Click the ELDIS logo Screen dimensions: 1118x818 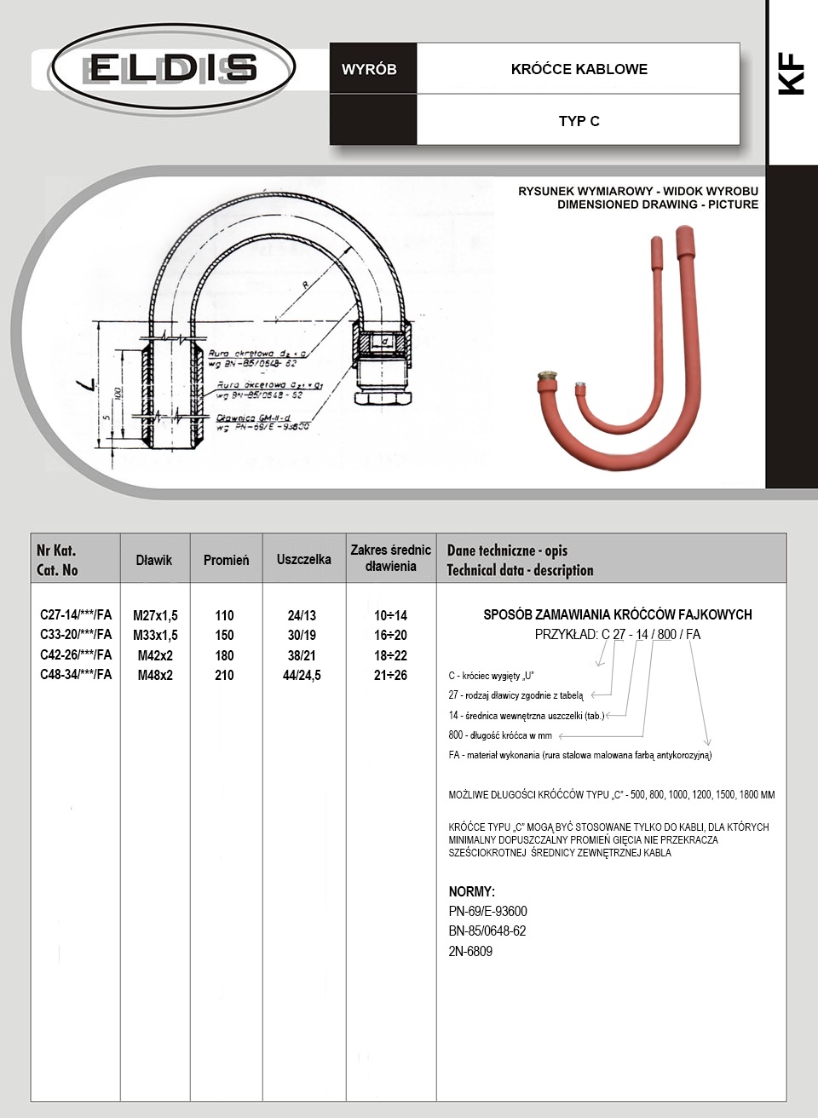point(173,68)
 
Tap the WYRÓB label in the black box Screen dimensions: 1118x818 point(369,69)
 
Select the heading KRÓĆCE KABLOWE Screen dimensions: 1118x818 point(579,69)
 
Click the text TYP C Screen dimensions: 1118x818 point(579,121)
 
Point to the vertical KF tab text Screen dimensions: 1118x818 point(792,73)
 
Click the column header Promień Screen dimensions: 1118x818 point(226,560)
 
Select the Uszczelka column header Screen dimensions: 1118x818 point(303,559)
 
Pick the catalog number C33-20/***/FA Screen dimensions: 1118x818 point(76,634)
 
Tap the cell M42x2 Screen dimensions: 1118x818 point(155,655)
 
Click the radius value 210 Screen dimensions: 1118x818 point(224,675)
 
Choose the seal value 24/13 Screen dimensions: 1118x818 point(302,615)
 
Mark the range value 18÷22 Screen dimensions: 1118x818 point(390,655)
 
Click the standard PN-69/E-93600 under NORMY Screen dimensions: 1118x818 point(487,911)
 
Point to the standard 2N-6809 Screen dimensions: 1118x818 point(470,951)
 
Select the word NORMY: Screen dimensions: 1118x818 point(471,891)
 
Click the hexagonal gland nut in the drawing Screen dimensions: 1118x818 point(382,397)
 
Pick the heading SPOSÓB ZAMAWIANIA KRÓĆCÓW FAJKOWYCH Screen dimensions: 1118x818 point(617,614)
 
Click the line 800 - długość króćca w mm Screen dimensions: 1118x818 point(500,735)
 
